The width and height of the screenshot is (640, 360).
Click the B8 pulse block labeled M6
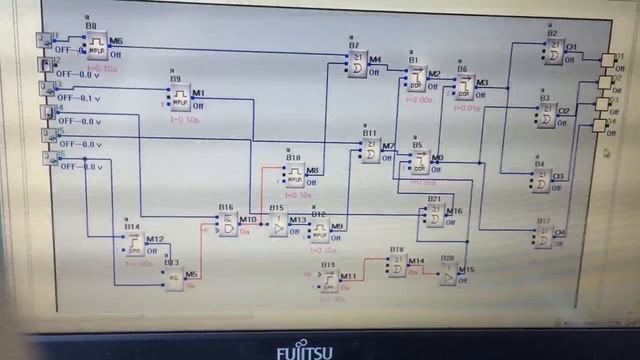[x=97, y=46]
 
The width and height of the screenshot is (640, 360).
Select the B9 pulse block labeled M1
[x=180, y=98]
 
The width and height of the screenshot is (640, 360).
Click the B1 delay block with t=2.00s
[x=416, y=80]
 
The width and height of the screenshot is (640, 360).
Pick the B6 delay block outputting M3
[x=464, y=88]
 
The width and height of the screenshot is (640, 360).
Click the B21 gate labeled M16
[x=434, y=217]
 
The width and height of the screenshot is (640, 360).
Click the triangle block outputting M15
[x=447, y=276]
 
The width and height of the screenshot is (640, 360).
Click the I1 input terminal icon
[x=44, y=41]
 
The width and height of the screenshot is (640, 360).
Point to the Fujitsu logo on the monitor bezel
[x=310, y=351]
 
